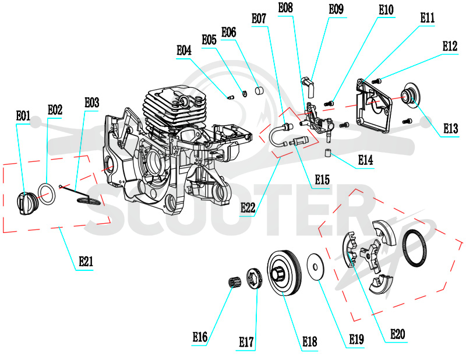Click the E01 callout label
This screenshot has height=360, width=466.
click(x=23, y=116)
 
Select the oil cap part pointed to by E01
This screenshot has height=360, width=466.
click(x=27, y=203)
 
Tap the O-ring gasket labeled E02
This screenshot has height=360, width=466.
click(x=47, y=194)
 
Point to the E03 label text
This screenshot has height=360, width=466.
click(x=92, y=103)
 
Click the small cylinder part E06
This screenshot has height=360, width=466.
click(x=259, y=90)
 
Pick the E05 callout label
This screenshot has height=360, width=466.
click(x=209, y=40)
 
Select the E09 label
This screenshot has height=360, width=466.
click(x=336, y=9)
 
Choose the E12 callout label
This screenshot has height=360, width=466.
click(x=450, y=46)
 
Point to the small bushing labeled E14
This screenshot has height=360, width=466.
click(x=328, y=154)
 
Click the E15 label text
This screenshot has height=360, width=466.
click(x=322, y=179)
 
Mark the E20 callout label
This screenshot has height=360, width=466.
click(x=397, y=334)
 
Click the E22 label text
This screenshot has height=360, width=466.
click(x=248, y=207)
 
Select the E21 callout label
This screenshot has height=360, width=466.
click(x=86, y=262)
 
